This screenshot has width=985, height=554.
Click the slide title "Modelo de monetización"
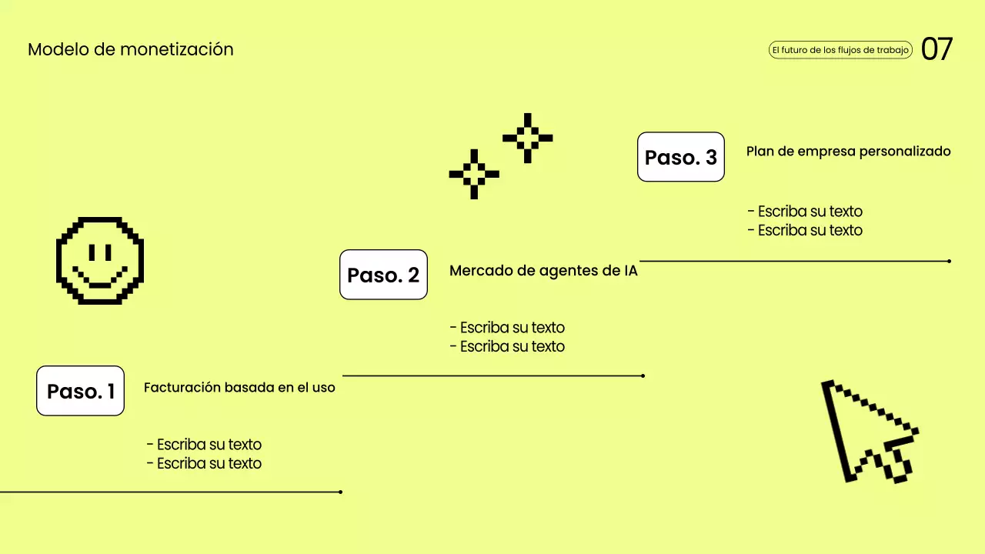tap(130, 49)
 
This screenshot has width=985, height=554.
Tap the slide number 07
tap(937, 49)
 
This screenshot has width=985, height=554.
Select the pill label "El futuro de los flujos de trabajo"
tap(840, 50)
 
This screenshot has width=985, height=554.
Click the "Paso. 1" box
tap(80, 391)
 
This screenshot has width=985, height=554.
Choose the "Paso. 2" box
tap(383, 275)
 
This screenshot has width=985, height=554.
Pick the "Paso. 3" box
tap(680, 157)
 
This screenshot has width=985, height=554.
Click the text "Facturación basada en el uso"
tap(239, 387)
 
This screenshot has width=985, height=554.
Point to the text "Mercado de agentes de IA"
tap(543, 271)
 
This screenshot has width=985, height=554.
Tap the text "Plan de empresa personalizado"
tap(848, 152)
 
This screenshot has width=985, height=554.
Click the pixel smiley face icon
tap(100, 261)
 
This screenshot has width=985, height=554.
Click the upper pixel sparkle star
tap(527, 138)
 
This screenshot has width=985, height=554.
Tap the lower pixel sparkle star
tap(474, 174)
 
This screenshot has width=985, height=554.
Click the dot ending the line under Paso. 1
tap(340, 492)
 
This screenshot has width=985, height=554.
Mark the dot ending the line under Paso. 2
tap(643, 375)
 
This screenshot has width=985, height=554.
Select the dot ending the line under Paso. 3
tap(949, 261)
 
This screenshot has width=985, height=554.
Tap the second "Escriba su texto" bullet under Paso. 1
tap(204, 463)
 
